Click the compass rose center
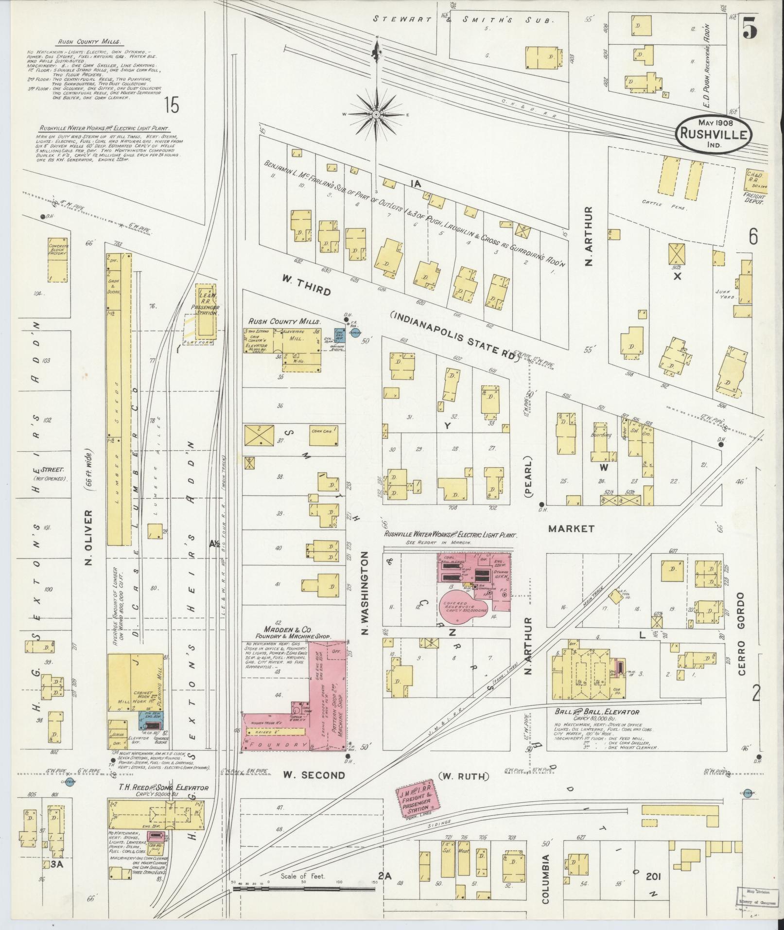(x=376, y=115)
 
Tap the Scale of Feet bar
(x=303, y=888)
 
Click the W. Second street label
(x=314, y=775)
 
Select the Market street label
(x=571, y=528)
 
